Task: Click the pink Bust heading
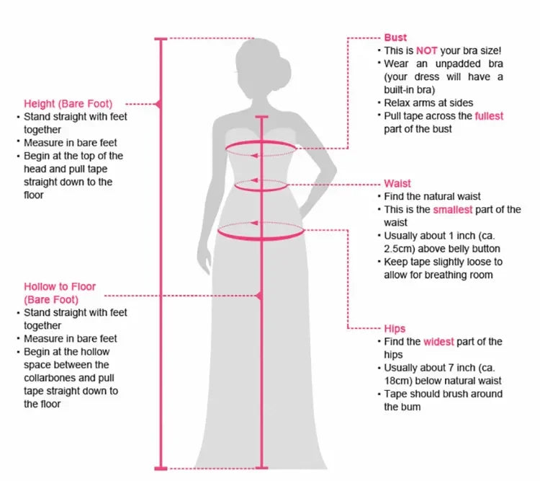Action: [x=395, y=37]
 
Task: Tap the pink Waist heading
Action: [x=397, y=184]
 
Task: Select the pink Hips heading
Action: [x=395, y=328]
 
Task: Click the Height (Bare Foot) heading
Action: [x=68, y=104]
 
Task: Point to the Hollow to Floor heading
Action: [x=60, y=293]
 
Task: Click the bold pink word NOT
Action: [x=427, y=51]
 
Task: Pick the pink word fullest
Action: [x=489, y=116]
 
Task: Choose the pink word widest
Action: [x=438, y=342]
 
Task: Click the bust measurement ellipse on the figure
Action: [x=261, y=149]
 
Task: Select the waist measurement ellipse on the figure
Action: [x=261, y=184]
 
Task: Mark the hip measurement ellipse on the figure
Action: [x=261, y=231]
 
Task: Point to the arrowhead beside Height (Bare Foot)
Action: [x=158, y=104]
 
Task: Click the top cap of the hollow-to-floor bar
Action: [x=261, y=116]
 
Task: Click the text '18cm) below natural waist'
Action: [x=442, y=381]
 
